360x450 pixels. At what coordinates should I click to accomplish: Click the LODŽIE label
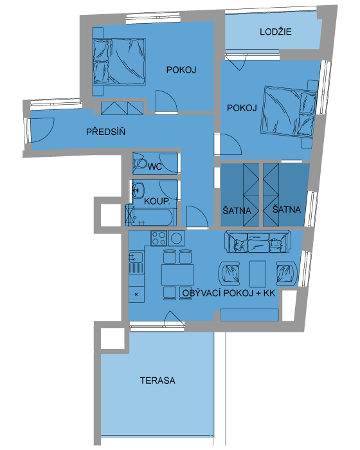pos(276,32)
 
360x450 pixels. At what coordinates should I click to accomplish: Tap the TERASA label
pos(157,381)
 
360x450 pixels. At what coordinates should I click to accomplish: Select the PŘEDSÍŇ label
pos(105,132)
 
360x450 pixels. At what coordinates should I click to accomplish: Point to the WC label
pos(155,166)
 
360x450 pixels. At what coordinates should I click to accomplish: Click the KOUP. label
pos(157,201)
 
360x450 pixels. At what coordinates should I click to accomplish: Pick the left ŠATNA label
pos(237,210)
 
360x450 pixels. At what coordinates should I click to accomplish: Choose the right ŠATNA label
pos(287,209)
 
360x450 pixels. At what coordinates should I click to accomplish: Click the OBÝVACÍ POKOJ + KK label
pos(229,293)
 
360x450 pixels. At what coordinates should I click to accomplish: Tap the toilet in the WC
pos(139,163)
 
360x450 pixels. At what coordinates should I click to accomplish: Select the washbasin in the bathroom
pos(138,190)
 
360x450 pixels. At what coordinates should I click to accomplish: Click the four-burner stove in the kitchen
pos(159,239)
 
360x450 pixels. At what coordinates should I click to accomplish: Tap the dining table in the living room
pos(177,275)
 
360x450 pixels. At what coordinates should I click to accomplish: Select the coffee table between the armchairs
pos(258,274)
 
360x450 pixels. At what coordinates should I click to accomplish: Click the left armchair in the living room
pos(230,273)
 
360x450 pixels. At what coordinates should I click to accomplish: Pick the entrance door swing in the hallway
pos(42,130)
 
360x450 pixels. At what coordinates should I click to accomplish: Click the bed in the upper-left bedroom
pos(119,62)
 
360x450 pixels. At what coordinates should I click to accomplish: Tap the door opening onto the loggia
pos(236,62)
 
